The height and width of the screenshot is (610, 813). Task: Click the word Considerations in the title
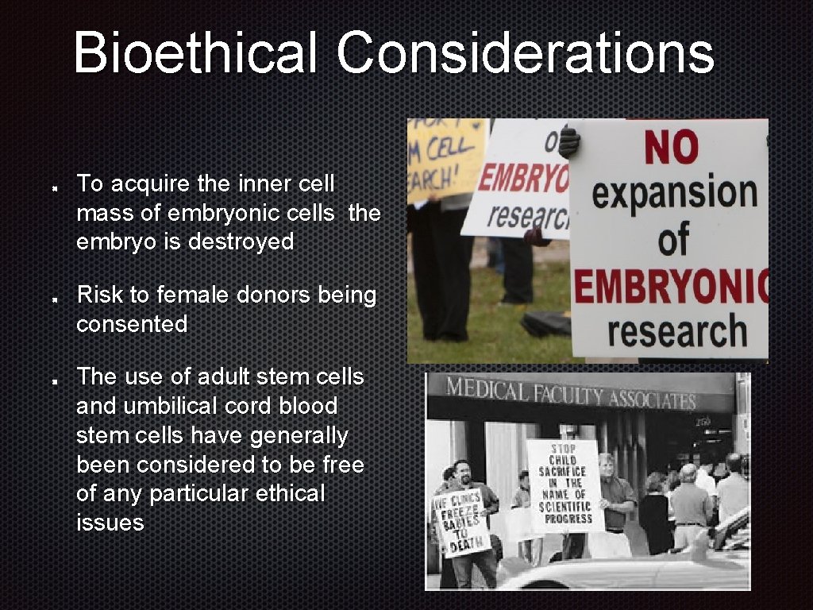coord(525,52)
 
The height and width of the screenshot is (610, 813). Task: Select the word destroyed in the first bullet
coord(241,241)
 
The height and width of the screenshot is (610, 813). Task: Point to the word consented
coord(132,324)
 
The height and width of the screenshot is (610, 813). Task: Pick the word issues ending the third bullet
coord(110,523)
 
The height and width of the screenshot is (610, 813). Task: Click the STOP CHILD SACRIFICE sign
coord(564,485)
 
